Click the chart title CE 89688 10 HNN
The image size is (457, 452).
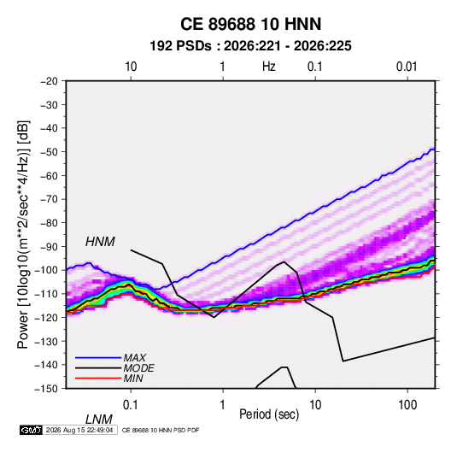(x=250, y=24)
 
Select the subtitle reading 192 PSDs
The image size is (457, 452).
(x=180, y=46)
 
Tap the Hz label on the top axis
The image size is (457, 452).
(x=269, y=67)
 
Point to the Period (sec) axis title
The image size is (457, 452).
(x=269, y=414)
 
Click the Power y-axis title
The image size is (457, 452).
(x=23, y=234)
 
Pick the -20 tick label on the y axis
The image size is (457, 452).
(x=49, y=81)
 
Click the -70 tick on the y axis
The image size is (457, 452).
(x=49, y=199)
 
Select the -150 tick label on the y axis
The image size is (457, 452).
(x=46, y=389)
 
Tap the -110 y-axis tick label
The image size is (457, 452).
(x=46, y=294)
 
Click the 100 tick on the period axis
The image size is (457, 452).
(x=407, y=405)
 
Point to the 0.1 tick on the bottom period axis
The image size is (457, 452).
(x=131, y=405)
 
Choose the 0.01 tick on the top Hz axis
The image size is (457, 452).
(x=407, y=67)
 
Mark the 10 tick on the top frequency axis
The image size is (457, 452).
(x=131, y=67)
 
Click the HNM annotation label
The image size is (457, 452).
(x=100, y=242)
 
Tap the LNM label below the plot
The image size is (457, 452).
(x=99, y=420)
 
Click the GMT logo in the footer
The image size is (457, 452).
(x=32, y=430)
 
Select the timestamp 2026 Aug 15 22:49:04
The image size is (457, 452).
(x=79, y=430)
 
